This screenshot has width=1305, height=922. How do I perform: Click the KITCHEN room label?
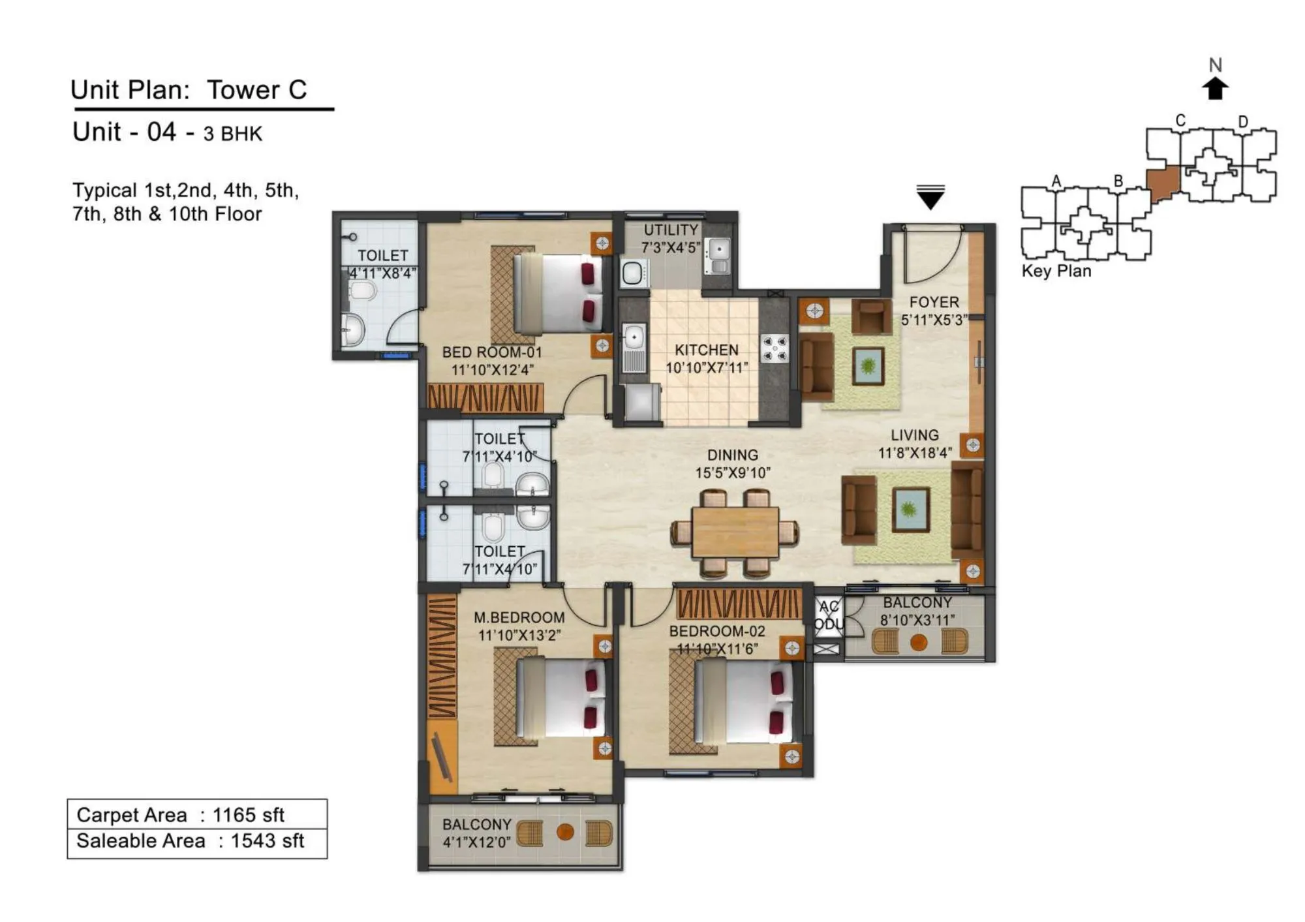(706, 350)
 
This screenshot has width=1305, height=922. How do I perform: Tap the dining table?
(735, 532)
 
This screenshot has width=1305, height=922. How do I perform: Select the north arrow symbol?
(1214, 88)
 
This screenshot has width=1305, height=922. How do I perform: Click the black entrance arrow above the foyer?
(930, 197)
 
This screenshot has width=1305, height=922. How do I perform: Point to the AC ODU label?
(829, 615)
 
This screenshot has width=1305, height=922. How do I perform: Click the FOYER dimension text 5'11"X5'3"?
(934, 320)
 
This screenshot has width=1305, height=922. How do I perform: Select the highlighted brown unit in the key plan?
(1163, 183)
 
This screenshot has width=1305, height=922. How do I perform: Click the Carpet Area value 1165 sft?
(248, 815)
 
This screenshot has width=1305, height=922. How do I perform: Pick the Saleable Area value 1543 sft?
(267, 840)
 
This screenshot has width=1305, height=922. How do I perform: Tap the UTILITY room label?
(671, 230)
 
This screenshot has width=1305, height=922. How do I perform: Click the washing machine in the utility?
(633, 273)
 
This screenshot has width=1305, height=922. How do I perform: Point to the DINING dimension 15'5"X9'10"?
(733, 472)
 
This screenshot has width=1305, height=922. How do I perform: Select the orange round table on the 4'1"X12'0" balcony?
(565, 832)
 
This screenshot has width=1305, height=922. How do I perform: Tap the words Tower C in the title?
(256, 90)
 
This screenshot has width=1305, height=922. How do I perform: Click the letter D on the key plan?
(1243, 122)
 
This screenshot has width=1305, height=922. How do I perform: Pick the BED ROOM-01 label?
(492, 352)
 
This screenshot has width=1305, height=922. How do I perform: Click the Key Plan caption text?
(1056, 271)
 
